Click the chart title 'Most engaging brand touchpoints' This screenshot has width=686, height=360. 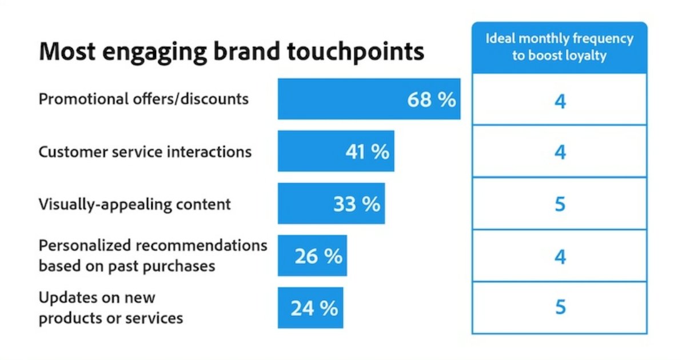click(x=231, y=52)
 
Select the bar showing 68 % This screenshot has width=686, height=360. click(x=369, y=99)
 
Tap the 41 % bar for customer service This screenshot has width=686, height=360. click(x=336, y=151)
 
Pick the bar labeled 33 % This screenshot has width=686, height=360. click(x=331, y=204)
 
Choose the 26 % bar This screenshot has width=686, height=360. click(x=312, y=256)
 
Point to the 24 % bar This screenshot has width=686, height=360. click(x=310, y=308)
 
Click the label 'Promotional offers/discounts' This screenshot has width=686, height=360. click(x=143, y=99)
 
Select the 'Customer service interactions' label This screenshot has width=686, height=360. click(x=145, y=152)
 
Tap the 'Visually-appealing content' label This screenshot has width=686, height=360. click(x=134, y=204)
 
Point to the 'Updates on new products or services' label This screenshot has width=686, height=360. click(x=110, y=308)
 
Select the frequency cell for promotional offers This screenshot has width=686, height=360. click(x=560, y=101)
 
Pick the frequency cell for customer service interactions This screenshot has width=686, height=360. click(x=560, y=152)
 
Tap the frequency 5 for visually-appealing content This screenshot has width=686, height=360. click(x=560, y=204)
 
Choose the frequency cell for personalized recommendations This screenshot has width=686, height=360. click(x=560, y=257)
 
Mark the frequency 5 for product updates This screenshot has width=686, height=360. click(x=560, y=307)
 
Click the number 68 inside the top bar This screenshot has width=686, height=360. click(x=420, y=99)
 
